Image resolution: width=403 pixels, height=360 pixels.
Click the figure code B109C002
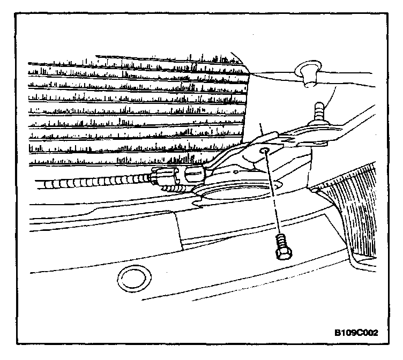(356, 333)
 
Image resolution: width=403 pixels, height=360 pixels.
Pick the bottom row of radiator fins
(134, 160)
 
